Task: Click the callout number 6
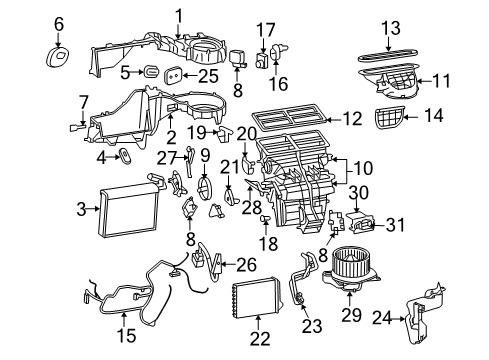58,22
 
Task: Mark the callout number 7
83,101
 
